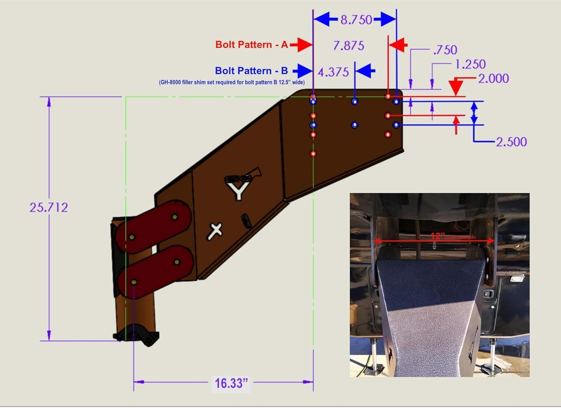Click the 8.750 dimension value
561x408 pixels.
(356, 19)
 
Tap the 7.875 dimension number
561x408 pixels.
(348, 46)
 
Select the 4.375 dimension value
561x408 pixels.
(333, 72)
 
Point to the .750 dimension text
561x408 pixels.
(445, 50)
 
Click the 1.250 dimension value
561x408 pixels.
(470, 64)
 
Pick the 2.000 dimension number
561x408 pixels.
(493, 79)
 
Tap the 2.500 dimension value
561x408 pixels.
(511, 142)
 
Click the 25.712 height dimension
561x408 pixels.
(49, 207)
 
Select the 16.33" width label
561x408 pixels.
(231, 383)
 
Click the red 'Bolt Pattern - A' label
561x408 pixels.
(251, 45)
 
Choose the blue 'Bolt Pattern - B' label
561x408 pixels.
(251, 71)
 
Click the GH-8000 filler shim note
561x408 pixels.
(232, 82)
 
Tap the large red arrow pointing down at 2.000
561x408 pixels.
(456, 87)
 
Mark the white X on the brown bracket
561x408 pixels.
(215, 231)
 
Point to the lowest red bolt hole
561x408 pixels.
(313, 153)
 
